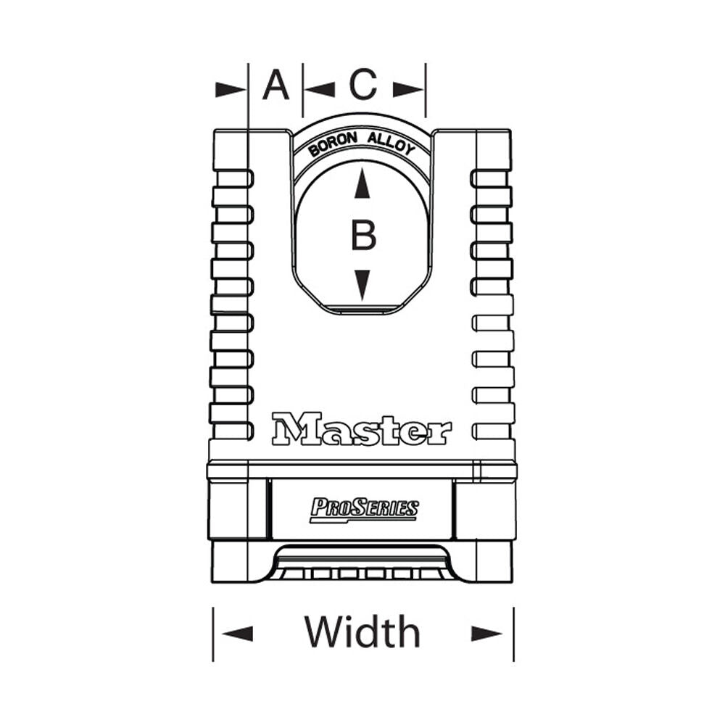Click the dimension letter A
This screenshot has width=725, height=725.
click(x=275, y=86)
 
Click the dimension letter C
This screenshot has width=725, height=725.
click(x=363, y=86)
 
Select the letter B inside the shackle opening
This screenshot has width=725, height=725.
click(x=363, y=236)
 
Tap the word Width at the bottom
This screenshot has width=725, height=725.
click(x=362, y=631)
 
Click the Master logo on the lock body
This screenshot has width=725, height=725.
click(x=361, y=429)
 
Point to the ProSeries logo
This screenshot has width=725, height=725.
click(x=364, y=508)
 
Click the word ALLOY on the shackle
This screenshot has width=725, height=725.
click(x=391, y=144)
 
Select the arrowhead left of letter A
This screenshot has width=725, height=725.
click(x=231, y=89)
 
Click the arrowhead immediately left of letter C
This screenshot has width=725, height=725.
click(x=320, y=89)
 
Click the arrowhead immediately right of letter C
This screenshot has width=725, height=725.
click(x=408, y=89)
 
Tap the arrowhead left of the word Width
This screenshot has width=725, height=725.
click(x=238, y=633)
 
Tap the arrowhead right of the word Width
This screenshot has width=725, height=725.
click(x=486, y=633)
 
